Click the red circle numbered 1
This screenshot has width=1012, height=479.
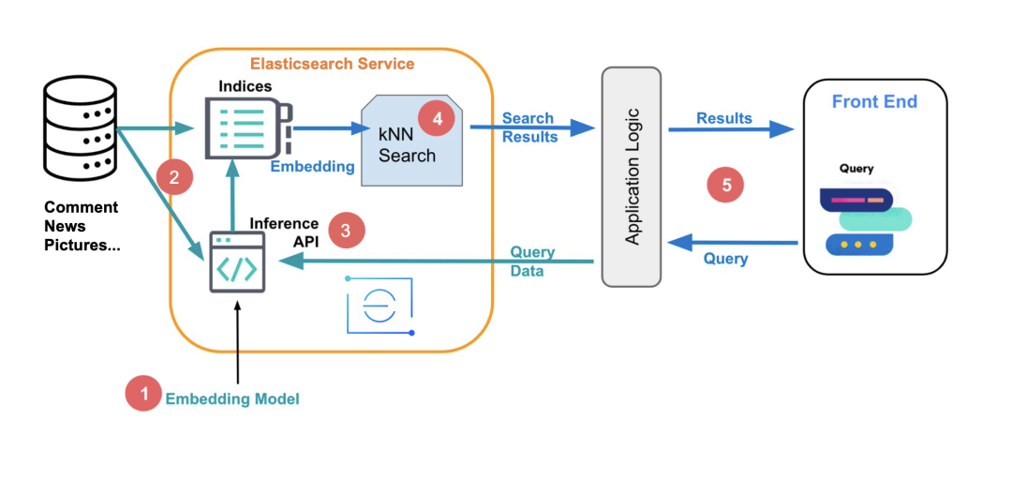click(x=143, y=394)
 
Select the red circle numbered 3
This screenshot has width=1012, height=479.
click(x=346, y=231)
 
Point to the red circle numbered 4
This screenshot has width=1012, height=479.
click(x=437, y=119)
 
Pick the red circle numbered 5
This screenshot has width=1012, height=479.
click(x=725, y=186)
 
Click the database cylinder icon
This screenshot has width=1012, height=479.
click(x=81, y=132)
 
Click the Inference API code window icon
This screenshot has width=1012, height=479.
click(x=236, y=263)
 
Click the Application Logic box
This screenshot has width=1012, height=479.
click(x=632, y=176)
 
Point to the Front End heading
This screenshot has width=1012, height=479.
click(x=873, y=102)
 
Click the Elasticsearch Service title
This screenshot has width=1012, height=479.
click(x=332, y=64)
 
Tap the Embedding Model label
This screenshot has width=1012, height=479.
click(x=232, y=399)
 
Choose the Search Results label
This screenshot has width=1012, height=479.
click(x=529, y=127)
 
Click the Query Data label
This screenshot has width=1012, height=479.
click(x=532, y=261)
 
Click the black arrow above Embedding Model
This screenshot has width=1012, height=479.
click(x=238, y=341)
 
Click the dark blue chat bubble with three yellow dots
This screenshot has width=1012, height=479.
click(x=858, y=244)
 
